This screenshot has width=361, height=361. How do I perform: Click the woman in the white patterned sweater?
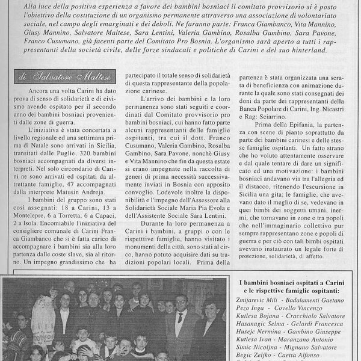point(43,316)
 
